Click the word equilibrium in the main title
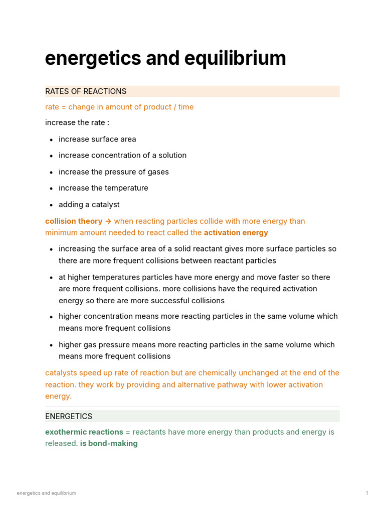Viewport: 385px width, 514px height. point(235,59)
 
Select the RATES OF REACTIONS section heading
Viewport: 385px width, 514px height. point(86,91)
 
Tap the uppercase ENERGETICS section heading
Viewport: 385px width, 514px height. point(69,416)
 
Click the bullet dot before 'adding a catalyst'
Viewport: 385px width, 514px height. point(51,205)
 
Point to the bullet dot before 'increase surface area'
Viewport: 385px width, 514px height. point(51,140)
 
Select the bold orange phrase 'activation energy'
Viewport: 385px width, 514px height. point(236,233)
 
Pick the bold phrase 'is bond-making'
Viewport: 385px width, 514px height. point(109,444)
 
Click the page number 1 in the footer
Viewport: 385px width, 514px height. point(367,493)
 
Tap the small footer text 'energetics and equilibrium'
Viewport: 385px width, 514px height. point(47,493)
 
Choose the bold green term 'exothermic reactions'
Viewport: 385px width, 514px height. point(84,432)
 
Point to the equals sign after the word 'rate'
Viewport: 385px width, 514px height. point(64,107)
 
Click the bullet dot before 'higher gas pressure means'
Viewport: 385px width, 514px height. point(51,345)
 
